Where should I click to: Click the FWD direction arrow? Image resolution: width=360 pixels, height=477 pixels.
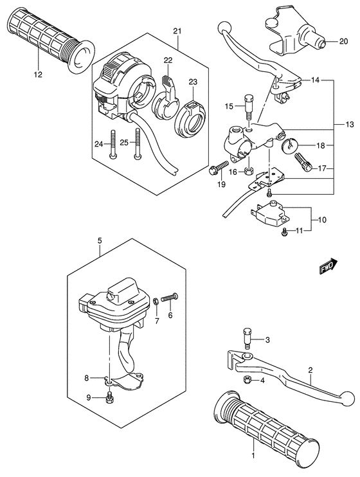coord(328,267)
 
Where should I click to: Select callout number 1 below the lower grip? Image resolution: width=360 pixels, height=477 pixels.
coord(253,455)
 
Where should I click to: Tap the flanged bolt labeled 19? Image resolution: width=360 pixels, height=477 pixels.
coord(215,168)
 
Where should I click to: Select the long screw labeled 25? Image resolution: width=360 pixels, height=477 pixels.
coord(136,145)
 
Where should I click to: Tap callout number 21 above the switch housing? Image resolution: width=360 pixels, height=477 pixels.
coord(177,31)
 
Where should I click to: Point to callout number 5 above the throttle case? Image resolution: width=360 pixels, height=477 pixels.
coord(100,241)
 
